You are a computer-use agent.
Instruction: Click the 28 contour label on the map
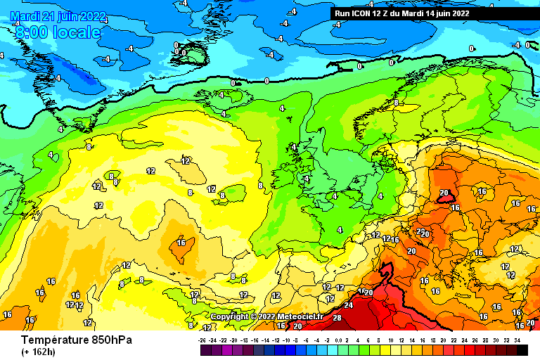coord(337,319)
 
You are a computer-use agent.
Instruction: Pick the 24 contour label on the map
coord(348,305)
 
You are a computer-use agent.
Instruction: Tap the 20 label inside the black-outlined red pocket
coord(444,193)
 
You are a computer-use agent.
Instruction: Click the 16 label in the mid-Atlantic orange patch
coord(181,243)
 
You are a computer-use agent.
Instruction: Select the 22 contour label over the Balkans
coord(420,231)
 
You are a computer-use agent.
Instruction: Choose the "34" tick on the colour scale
coord(517,340)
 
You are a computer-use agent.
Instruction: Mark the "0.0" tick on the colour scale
coord(340,340)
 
